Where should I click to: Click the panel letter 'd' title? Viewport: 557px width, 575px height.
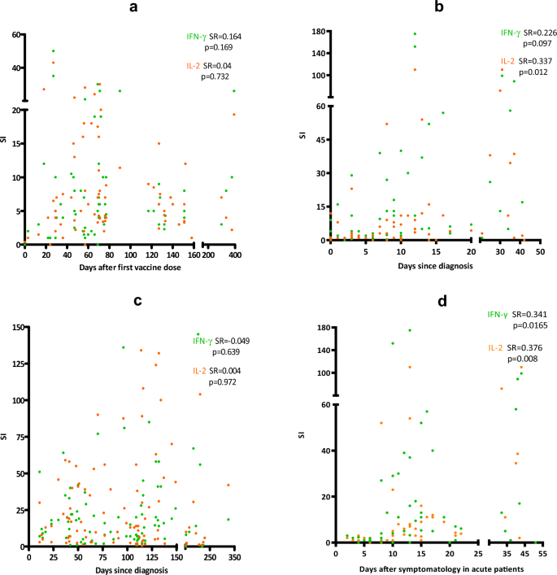click(420, 301)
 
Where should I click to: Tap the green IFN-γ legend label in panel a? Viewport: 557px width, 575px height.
click(194, 37)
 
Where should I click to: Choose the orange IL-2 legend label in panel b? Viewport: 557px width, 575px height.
click(508, 60)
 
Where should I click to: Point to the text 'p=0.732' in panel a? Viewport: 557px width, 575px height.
click(216, 76)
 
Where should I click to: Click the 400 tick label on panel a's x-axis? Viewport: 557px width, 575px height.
click(235, 255)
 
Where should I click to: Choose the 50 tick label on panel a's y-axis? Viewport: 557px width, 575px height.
click(15, 35)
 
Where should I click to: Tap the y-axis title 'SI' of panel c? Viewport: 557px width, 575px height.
click(6, 437)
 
